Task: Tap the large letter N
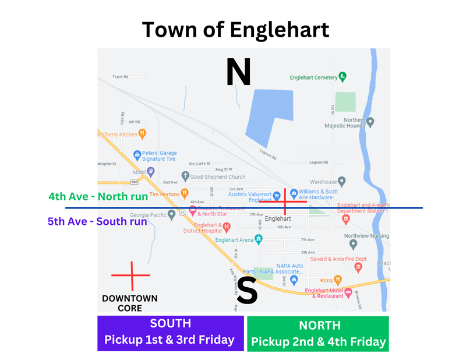point(238,72)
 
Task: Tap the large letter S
point(247,292)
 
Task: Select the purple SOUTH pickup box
point(170,333)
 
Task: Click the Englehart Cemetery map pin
point(343,76)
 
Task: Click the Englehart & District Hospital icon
point(227,226)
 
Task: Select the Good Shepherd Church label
point(217,177)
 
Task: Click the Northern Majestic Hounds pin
point(370,122)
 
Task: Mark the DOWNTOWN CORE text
point(129,303)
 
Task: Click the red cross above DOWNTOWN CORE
point(132,275)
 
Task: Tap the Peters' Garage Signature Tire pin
point(137,156)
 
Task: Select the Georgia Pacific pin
point(172,214)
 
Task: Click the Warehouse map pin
point(342,182)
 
